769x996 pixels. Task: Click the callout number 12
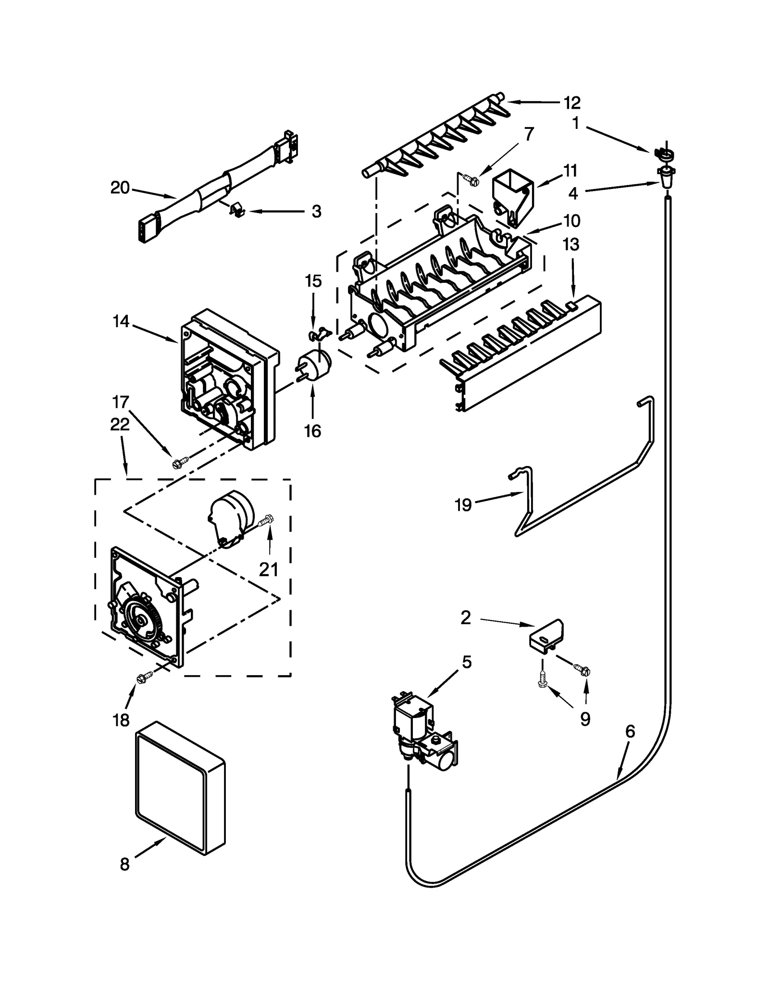pos(571,103)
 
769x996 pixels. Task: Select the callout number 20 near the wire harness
pos(120,188)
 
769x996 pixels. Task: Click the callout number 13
pos(571,244)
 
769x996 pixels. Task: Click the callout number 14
pos(121,321)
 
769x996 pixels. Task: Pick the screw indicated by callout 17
pos(179,462)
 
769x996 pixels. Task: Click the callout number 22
pos(120,424)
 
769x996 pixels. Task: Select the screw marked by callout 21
pos(267,520)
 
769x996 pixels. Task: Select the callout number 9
pos(584,719)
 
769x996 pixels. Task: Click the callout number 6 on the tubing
pos(630,731)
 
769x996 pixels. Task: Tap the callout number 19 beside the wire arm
pos(463,505)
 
